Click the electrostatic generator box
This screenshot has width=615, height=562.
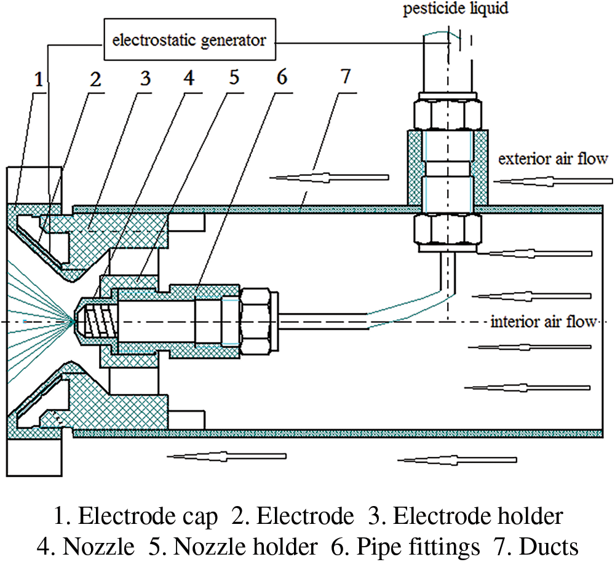click(x=189, y=41)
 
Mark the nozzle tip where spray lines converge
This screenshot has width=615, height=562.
click(x=74, y=320)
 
